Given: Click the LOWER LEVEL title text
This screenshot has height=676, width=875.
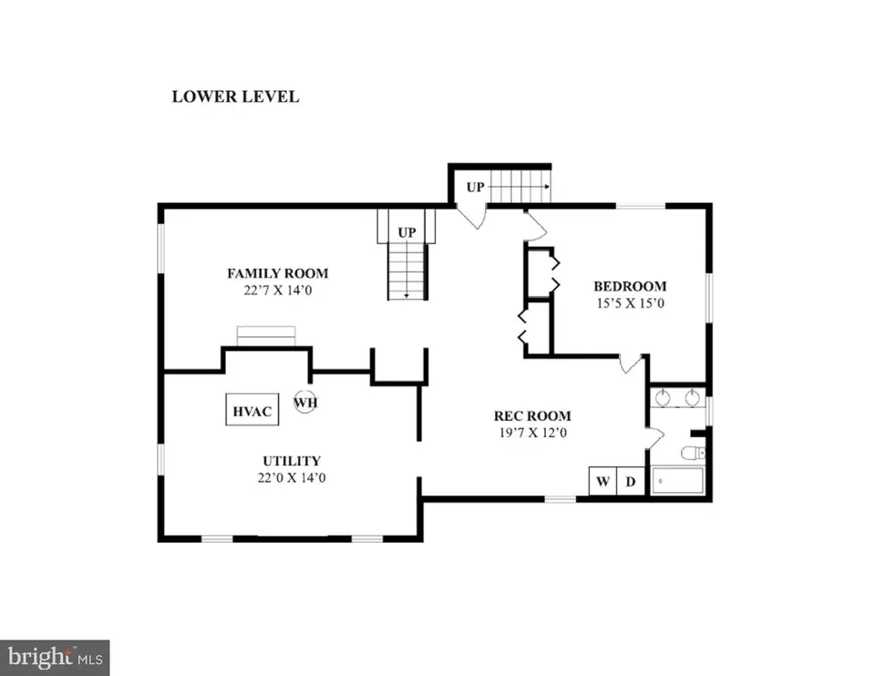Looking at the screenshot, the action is tap(235, 97).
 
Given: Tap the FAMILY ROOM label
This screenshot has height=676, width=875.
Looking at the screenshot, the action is tap(278, 273).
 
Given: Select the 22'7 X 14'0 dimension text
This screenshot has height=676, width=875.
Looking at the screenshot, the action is tap(278, 291).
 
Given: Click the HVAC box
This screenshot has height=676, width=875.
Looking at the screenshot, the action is tap(252, 410).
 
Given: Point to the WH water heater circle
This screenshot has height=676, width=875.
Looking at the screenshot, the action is tap(305, 402).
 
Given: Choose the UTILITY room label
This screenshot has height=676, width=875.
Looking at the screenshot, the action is tap(292, 461).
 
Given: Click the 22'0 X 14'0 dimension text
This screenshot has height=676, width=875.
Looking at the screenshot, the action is tap(292, 478).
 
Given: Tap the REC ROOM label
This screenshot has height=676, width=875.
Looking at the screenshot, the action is tap(532, 415).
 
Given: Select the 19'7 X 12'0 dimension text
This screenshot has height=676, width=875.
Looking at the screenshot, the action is tap(533, 433).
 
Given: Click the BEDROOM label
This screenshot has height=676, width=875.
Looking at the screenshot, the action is tap(630, 286).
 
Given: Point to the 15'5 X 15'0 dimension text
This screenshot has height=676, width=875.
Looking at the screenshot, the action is tap(631, 303).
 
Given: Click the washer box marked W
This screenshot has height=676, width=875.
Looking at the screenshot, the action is tap(602, 481).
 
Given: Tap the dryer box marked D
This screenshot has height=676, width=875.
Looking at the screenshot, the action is tap(631, 481).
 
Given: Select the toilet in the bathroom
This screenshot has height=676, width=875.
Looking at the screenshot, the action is tap(693, 453).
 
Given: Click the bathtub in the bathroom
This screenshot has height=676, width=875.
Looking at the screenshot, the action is tap(677, 480).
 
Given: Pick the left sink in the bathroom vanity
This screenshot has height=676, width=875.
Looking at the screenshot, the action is tap(663, 398).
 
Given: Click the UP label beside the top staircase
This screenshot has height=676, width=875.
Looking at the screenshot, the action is tap(476, 188).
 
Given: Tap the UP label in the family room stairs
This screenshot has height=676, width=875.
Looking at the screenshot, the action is tap(407, 232).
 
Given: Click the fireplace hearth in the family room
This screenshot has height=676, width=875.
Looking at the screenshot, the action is tap(266, 336).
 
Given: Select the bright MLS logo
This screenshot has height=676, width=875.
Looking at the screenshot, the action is tap(55, 658).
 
